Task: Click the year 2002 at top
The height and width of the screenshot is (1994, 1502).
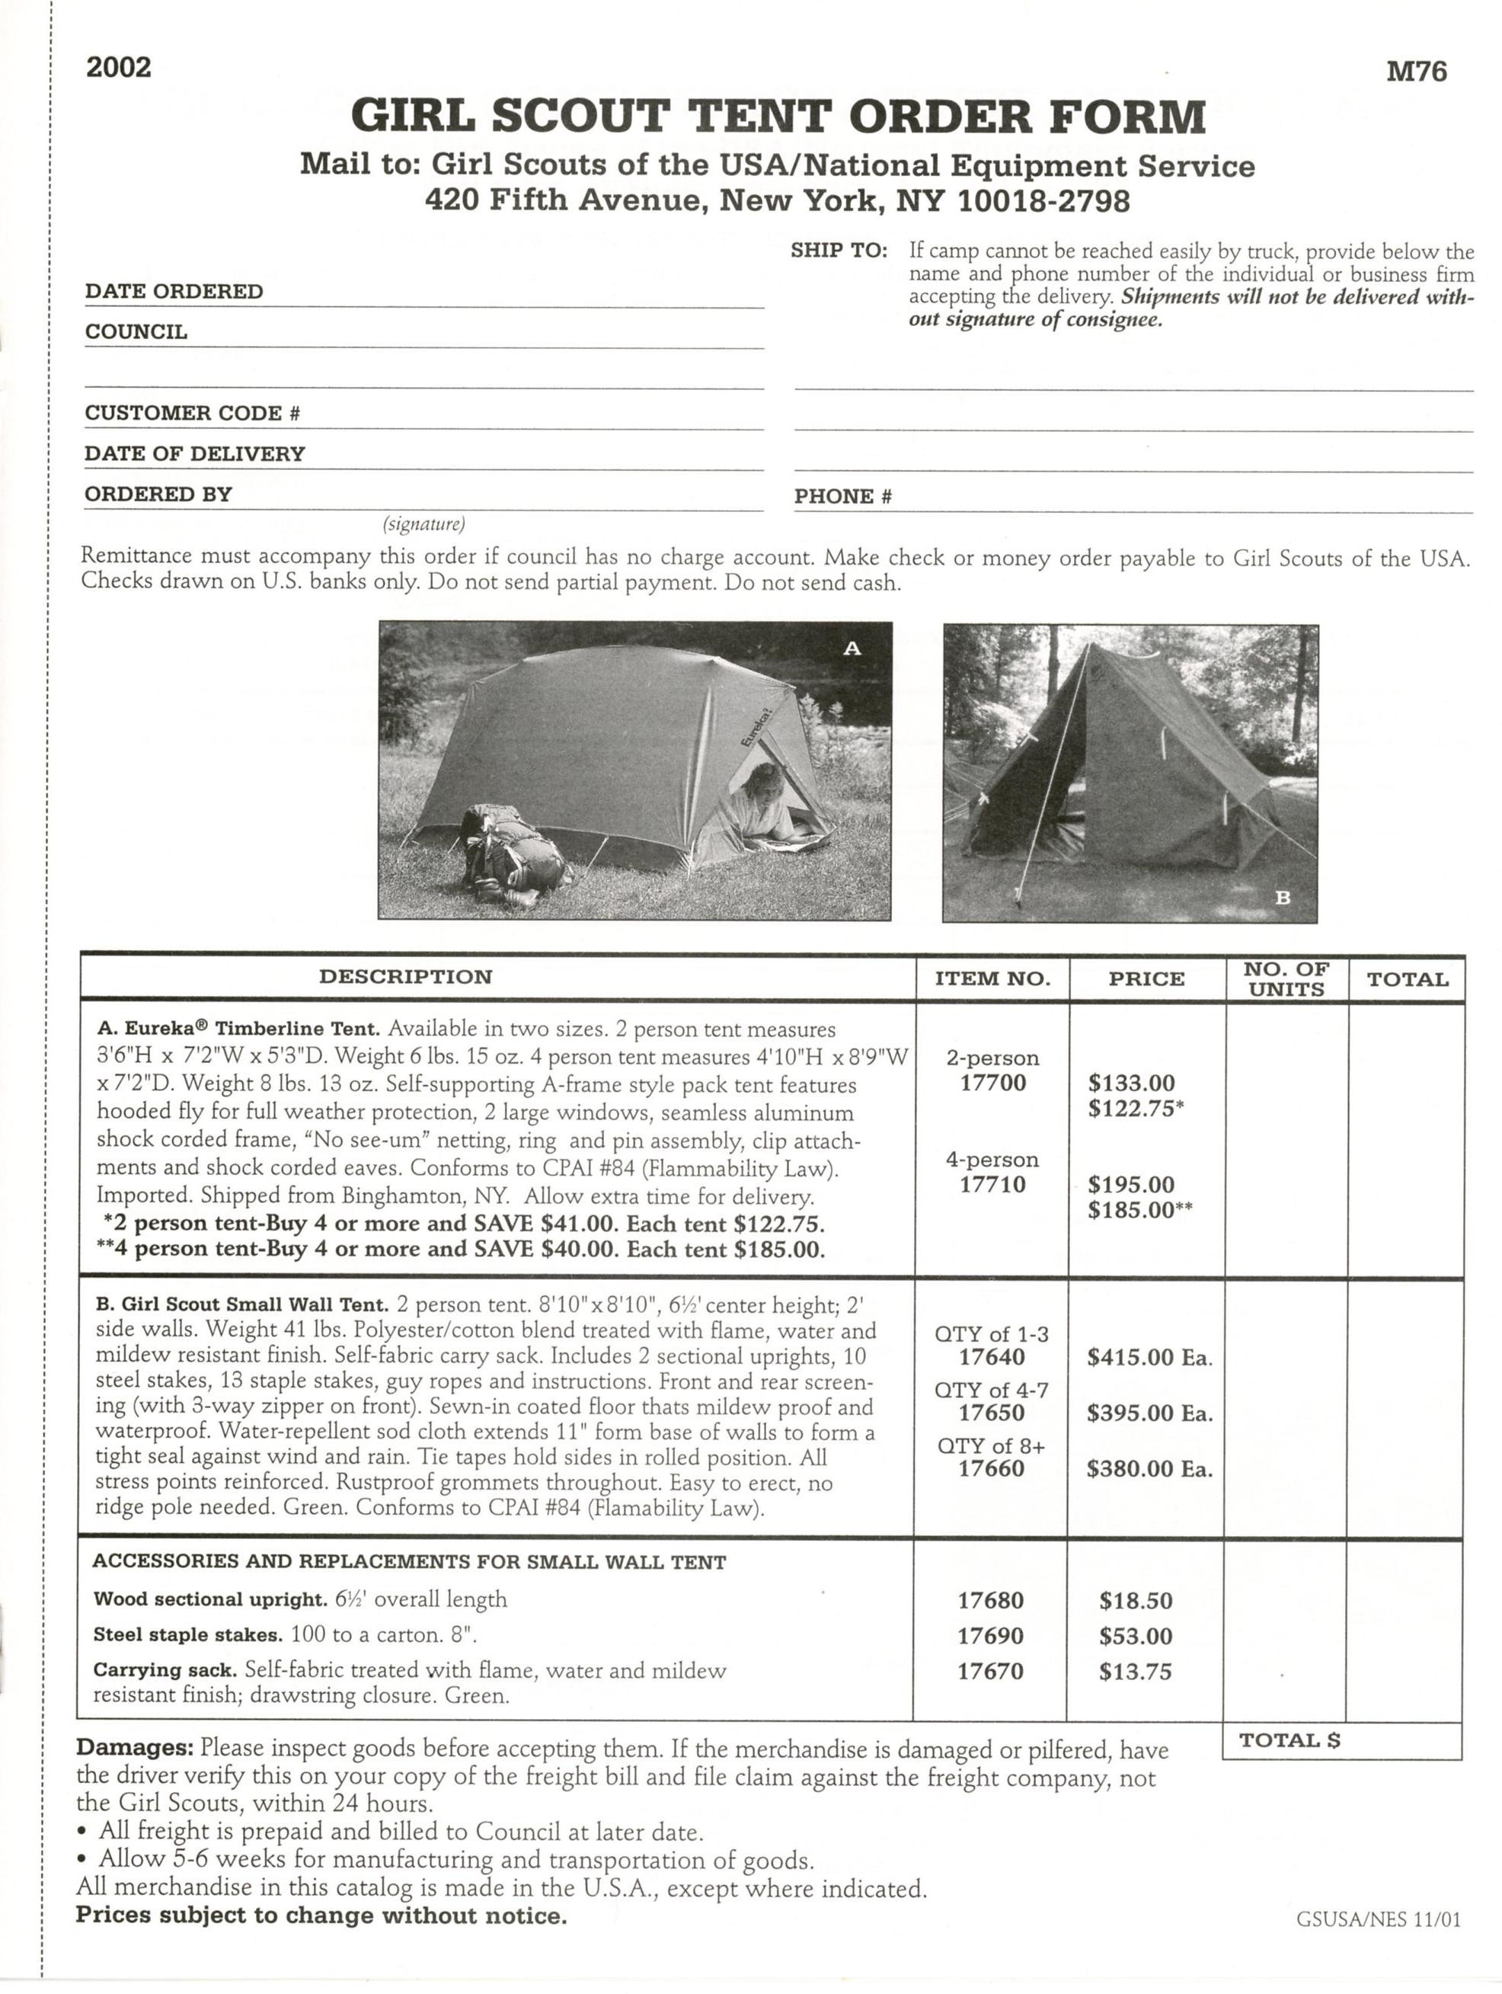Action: point(118,68)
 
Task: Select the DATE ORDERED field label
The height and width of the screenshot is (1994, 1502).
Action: point(174,291)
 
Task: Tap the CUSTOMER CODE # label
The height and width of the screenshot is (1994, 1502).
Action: point(192,413)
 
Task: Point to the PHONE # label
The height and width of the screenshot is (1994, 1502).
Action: point(842,496)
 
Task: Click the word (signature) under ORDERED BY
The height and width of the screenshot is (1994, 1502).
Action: point(423,523)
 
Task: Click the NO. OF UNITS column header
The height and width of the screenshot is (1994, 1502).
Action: point(1286,979)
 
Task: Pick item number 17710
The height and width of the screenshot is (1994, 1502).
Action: point(992,1185)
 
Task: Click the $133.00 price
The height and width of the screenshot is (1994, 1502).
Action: point(1131,1083)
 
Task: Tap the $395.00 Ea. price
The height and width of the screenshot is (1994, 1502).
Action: point(1149,1413)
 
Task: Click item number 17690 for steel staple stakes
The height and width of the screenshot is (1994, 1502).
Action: point(990,1635)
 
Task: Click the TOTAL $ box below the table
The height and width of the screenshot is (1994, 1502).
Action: point(1341,1741)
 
